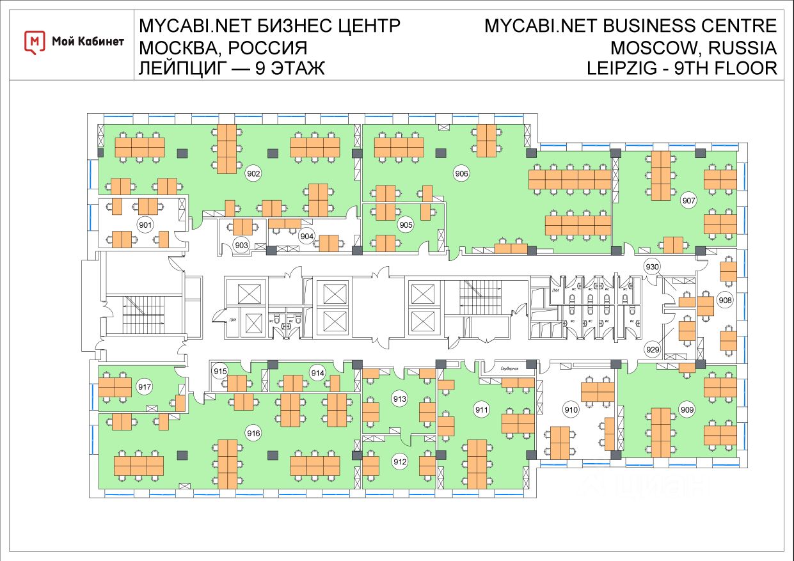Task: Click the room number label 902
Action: (x=254, y=173)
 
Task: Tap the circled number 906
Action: (x=462, y=173)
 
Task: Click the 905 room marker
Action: (x=406, y=225)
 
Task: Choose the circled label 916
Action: (x=254, y=434)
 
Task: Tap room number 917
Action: (x=145, y=387)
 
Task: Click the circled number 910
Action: (x=571, y=409)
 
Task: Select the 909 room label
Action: (x=687, y=410)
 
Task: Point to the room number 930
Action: (x=652, y=267)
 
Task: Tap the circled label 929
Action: (x=652, y=349)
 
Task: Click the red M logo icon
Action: (x=35, y=42)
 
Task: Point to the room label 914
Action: (x=318, y=372)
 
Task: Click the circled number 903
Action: (x=241, y=245)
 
